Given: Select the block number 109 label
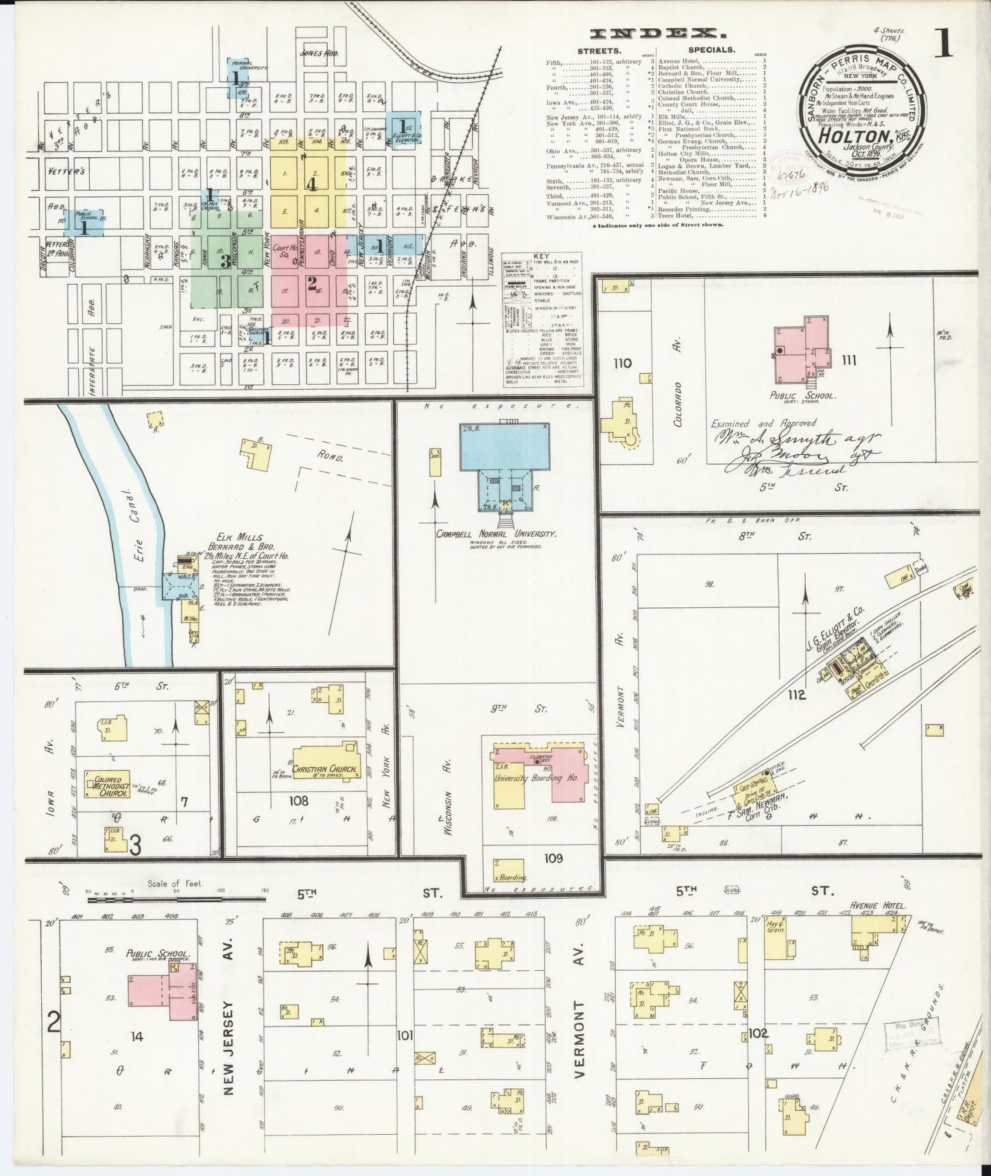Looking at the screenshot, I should point(555,858).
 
